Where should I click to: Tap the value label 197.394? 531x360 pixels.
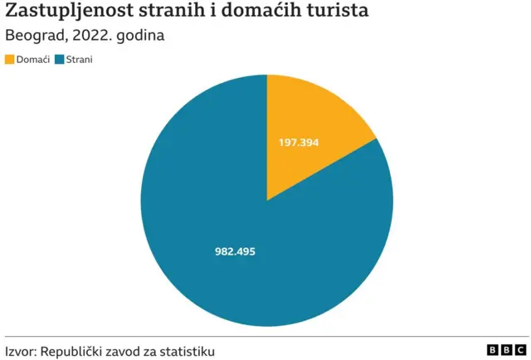click(x=299, y=143)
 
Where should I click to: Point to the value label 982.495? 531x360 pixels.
click(x=235, y=251)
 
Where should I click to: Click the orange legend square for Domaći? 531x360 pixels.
click(x=10, y=60)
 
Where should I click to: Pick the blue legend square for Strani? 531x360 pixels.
click(x=59, y=60)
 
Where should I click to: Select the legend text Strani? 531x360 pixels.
click(x=80, y=60)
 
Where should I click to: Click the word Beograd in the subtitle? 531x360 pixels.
click(x=32, y=36)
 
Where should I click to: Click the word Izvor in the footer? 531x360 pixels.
click(x=21, y=352)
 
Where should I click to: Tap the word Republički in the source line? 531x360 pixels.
click(x=74, y=352)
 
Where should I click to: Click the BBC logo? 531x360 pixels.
click(x=506, y=351)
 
